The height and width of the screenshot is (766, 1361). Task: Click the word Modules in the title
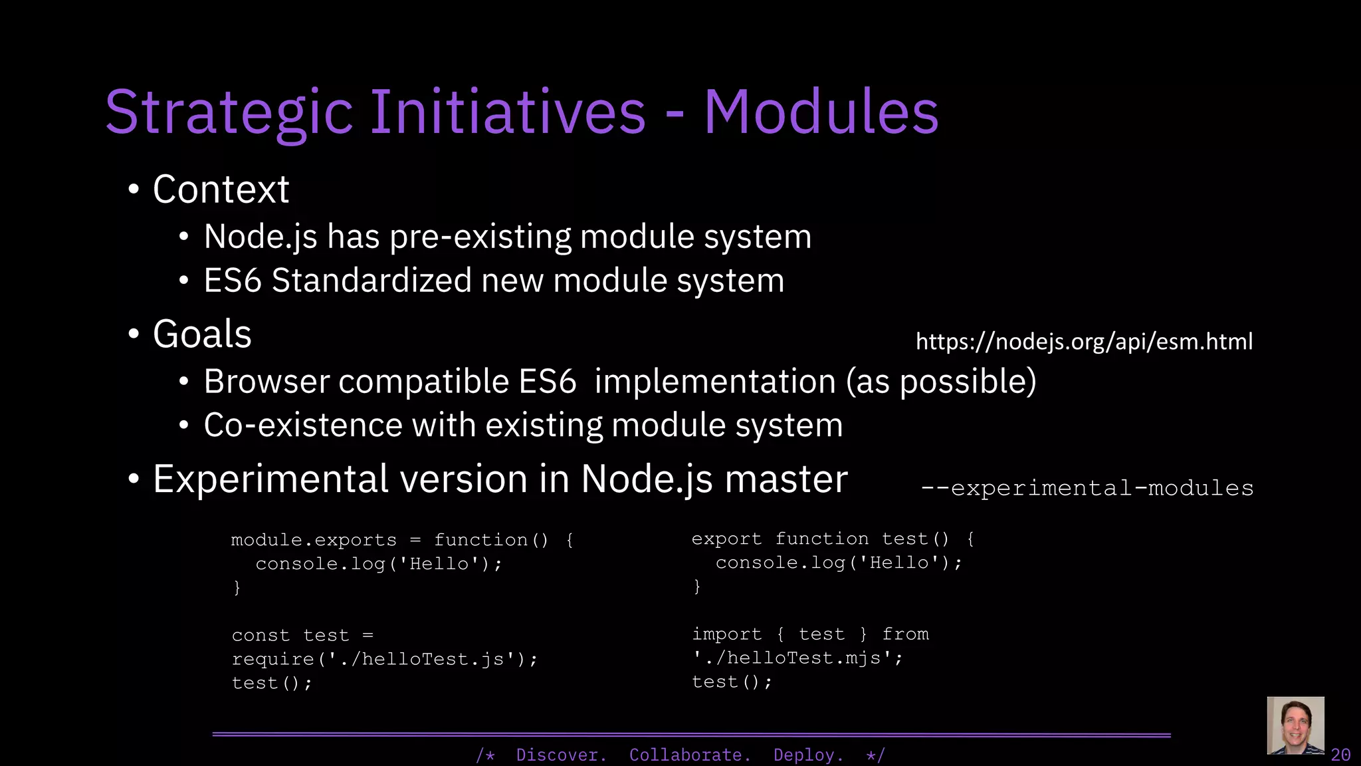click(x=821, y=112)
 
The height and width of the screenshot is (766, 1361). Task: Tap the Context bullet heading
click(x=221, y=190)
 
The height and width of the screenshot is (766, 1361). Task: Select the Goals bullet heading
click(x=202, y=334)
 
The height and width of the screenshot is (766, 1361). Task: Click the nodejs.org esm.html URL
click(x=1084, y=342)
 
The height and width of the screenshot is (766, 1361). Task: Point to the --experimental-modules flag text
click(x=1087, y=488)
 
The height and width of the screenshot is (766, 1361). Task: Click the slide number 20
click(x=1340, y=755)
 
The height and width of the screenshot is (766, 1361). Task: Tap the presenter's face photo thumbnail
click(x=1295, y=725)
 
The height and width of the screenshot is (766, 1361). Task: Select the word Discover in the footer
click(x=561, y=755)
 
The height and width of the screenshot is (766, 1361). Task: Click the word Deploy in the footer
click(x=808, y=755)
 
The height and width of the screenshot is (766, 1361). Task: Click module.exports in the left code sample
click(x=314, y=540)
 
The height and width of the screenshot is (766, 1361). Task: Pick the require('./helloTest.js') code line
click(x=384, y=660)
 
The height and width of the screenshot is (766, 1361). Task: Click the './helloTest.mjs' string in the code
click(x=797, y=658)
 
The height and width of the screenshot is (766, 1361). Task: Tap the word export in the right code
click(x=726, y=539)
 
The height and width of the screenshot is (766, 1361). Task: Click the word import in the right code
click(x=726, y=634)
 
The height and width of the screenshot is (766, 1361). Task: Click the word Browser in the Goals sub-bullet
click(x=266, y=382)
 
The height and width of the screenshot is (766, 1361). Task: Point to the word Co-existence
click(x=303, y=426)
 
